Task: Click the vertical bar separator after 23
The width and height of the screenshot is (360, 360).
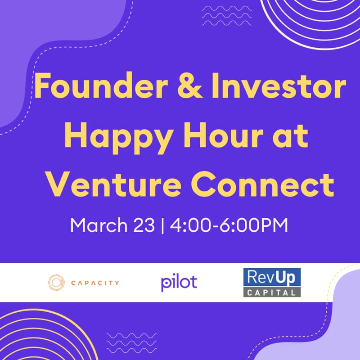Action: point(163,224)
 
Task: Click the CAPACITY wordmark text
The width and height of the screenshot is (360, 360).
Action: point(95,283)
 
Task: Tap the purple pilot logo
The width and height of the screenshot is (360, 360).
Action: point(179,283)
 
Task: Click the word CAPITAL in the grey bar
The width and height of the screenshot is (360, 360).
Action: point(271,292)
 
